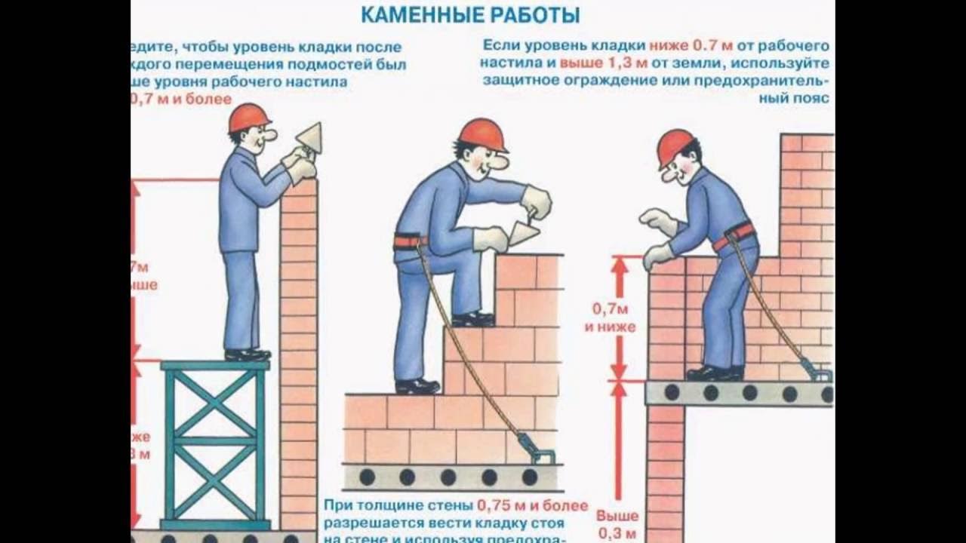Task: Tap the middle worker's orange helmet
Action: pyautogui.click(x=482, y=133)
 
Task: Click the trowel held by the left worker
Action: pyautogui.click(x=310, y=138)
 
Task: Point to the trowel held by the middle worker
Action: pyautogui.click(x=525, y=233)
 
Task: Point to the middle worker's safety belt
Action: pyautogui.click(x=410, y=242)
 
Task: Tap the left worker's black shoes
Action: pyautogui.click(x=248, y=354)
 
